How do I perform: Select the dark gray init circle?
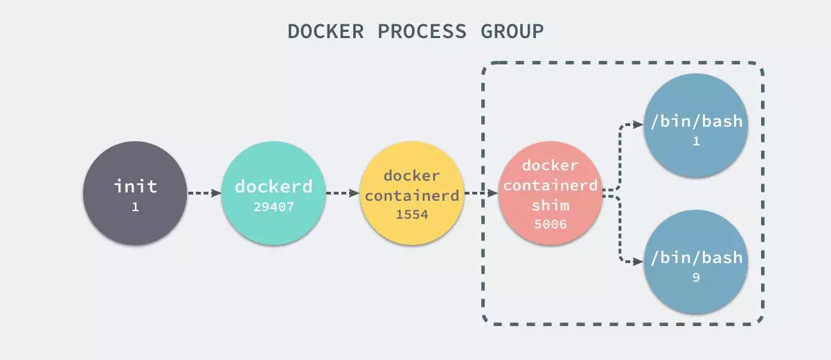point(135,193)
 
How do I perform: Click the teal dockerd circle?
point(274,193)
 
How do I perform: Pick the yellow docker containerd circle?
point(412,193)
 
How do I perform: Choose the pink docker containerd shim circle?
point(550,193)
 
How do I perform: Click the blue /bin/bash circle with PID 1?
point(696,125)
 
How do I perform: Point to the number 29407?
point(274,207)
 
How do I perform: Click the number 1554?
point(412,215)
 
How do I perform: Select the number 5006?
point(550,224)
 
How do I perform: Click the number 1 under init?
point(135,207)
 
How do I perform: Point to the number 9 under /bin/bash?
point(696,278)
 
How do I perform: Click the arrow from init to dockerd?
point(204,193)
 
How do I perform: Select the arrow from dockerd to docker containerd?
point(342,193)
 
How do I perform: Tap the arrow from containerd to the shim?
point(481,193)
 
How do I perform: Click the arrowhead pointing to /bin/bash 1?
point(638,125)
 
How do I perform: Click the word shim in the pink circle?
point(550,206)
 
